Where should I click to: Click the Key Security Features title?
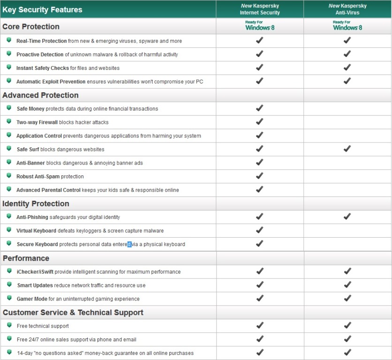42,9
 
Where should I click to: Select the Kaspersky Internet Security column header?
260,9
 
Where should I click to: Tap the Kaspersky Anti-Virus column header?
347,9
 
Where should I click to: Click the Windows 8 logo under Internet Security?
260,26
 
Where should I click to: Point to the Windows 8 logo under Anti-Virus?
347,26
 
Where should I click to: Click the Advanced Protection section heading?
40,95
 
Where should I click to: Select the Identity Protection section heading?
36,203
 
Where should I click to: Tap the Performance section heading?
26,258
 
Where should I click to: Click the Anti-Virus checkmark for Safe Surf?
347,149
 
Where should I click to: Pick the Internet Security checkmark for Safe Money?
259,108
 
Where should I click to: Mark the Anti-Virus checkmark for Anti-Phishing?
347,216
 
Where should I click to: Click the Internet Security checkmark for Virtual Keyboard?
259,230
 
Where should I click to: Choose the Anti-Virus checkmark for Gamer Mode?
347,298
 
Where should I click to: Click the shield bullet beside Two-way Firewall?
9,122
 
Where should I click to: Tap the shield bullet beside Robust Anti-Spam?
9,176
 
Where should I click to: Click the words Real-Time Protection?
41,41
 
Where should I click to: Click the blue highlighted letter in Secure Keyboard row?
129,244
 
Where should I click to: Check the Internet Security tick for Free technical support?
259,325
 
